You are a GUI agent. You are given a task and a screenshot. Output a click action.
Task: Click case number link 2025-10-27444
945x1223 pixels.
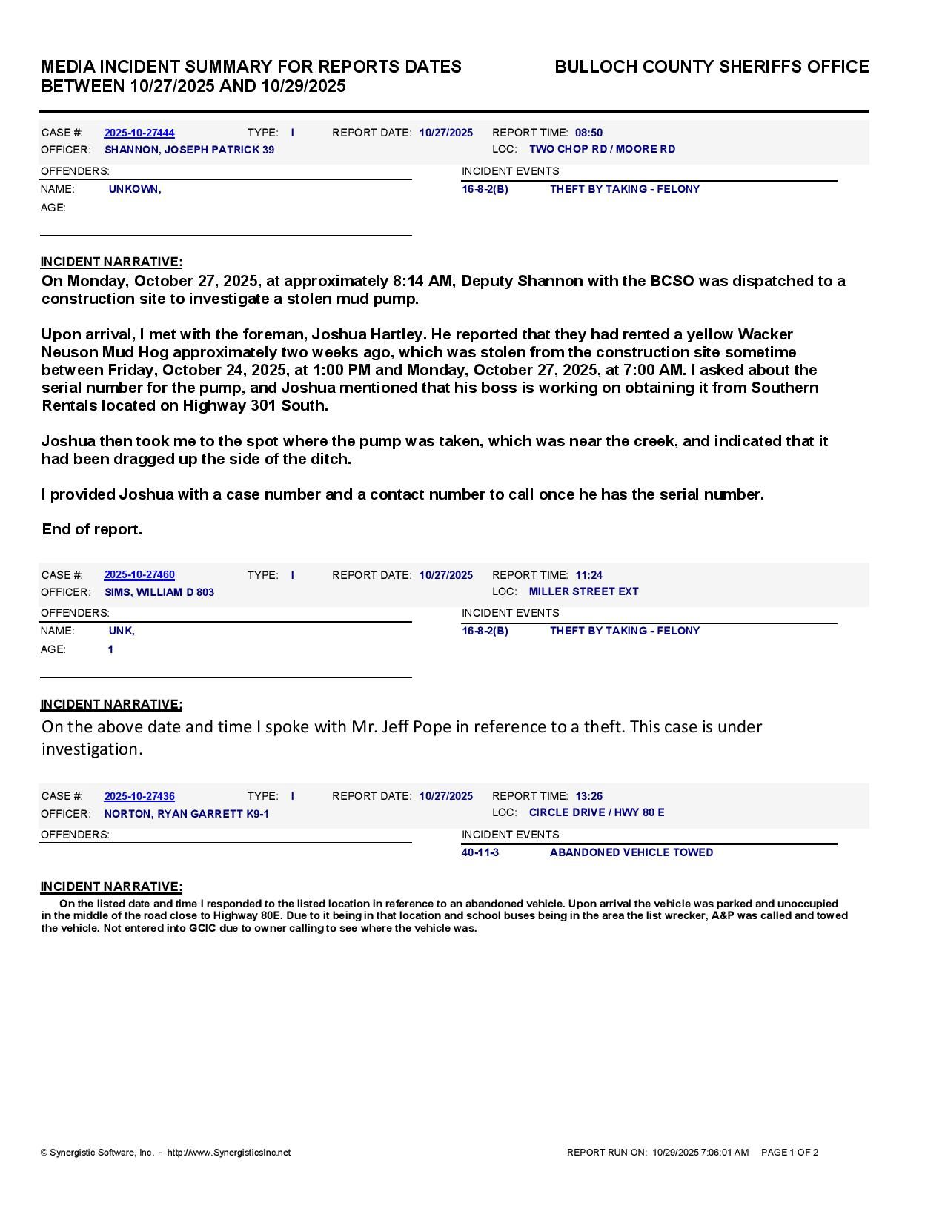pos(139,133)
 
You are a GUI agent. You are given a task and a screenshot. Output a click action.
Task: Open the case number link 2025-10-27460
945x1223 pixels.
pos(139,574)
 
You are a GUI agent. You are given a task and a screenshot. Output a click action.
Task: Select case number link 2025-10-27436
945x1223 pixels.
pos(139,796)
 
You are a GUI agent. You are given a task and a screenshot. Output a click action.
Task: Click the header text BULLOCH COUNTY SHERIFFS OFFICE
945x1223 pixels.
pos(712,67)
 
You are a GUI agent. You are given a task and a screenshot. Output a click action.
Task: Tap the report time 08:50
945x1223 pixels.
pos(588,133)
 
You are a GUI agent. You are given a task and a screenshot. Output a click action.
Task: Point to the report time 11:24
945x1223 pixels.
pos(588,574)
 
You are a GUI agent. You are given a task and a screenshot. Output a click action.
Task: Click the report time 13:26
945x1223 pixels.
pos(588,796)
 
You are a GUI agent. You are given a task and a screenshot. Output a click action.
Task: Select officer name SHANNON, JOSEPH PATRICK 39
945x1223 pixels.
pos(189,150)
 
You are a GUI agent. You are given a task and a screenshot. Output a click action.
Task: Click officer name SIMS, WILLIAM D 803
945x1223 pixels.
pos(159,592)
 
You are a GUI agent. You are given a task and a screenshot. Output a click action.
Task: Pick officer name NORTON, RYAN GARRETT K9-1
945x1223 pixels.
pos(187,814)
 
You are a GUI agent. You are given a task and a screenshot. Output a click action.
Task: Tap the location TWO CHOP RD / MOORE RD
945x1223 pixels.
pos(602,149)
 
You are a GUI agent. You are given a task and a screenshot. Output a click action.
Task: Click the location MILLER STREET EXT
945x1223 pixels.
pos(583,591)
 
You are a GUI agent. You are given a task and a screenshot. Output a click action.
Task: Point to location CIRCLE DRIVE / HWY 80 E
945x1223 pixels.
pos(597,812)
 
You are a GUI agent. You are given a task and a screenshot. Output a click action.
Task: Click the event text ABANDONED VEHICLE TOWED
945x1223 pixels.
pos(631,852)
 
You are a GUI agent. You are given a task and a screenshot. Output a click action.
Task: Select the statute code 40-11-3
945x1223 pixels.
pos(480,852)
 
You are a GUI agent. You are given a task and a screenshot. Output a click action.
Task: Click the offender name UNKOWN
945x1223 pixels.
pos(134,189)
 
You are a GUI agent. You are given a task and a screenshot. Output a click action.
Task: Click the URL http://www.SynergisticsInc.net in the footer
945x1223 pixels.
pos(229,1153)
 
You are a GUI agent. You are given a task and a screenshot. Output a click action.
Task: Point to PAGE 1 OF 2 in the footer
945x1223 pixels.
pos(789,1153)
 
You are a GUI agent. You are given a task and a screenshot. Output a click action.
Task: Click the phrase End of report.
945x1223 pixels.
pos(92,529)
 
